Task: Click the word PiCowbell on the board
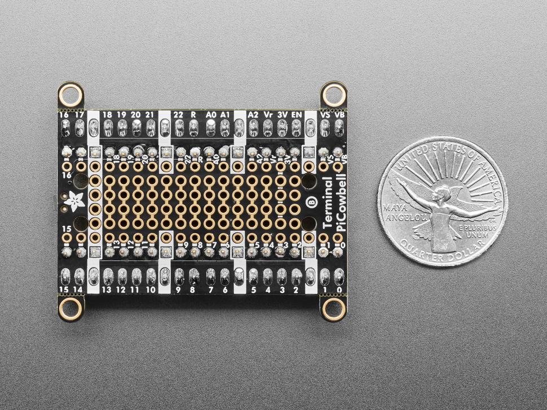click(x=341, y=202)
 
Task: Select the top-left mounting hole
click(x=70, y=95)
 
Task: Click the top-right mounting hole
click(x=333, y=95)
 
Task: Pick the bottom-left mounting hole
click(x=70, y=308)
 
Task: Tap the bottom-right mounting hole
click(x=333, y=308)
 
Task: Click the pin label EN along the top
click(x=296, y=114)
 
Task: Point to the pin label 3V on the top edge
click(x=282, y=114)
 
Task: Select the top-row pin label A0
click(x=210, y=114)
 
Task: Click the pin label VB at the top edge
click(x=339, y=114)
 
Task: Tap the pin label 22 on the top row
click(x=178, y=114)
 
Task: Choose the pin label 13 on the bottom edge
click(x=107, y=290)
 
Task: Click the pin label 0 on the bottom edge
click(x=339, y=290)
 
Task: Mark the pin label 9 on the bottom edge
click(x=178, y=290)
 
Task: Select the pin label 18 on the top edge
click(x=107, y=114)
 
